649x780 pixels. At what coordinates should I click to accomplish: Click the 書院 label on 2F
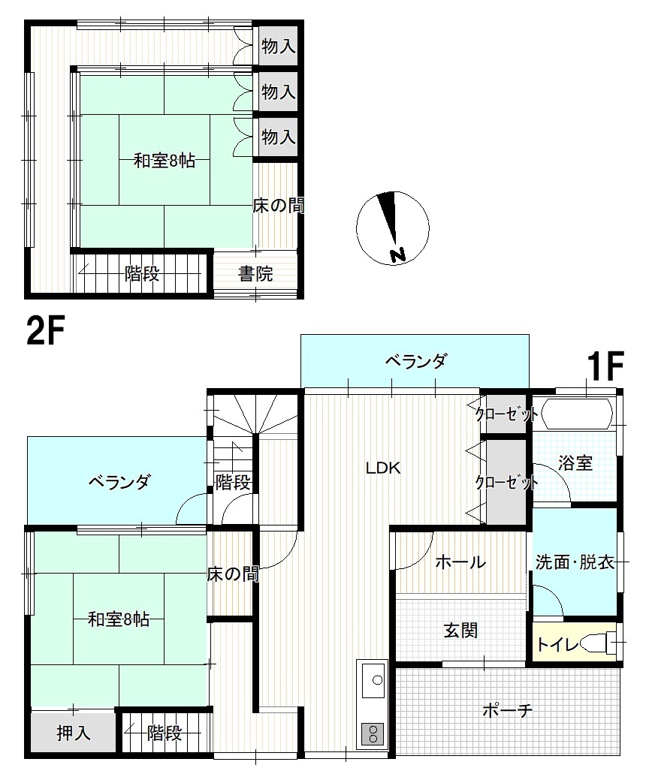[x=255, y=273]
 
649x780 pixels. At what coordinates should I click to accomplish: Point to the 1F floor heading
[x=605, y=366]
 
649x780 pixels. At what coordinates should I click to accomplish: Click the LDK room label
[x=383, y=468]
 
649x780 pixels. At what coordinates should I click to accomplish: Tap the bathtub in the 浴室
[x=577, y=414]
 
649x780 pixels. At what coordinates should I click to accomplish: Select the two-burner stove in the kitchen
[x=373, y=733]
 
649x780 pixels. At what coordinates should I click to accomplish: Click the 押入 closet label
[x=74, y=733]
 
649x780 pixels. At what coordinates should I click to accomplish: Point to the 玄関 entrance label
[x=461, y=631]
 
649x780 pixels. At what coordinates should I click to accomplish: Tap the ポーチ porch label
[x=508, y=710]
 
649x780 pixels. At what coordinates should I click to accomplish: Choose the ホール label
[x=460, y=562]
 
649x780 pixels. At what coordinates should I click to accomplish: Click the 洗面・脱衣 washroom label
[x=575, y=562]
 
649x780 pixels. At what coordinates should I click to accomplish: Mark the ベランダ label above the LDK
[x=417, y=361]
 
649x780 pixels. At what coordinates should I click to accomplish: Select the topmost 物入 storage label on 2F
[x=279, y=47]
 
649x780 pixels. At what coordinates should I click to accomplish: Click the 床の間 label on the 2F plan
[x=278, y=206]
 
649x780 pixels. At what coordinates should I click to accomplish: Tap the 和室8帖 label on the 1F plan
[x=119, y=619]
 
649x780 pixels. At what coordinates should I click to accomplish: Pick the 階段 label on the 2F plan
[x=142, y=273]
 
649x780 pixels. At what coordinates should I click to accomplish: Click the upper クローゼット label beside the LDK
[x=507, y=414]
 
